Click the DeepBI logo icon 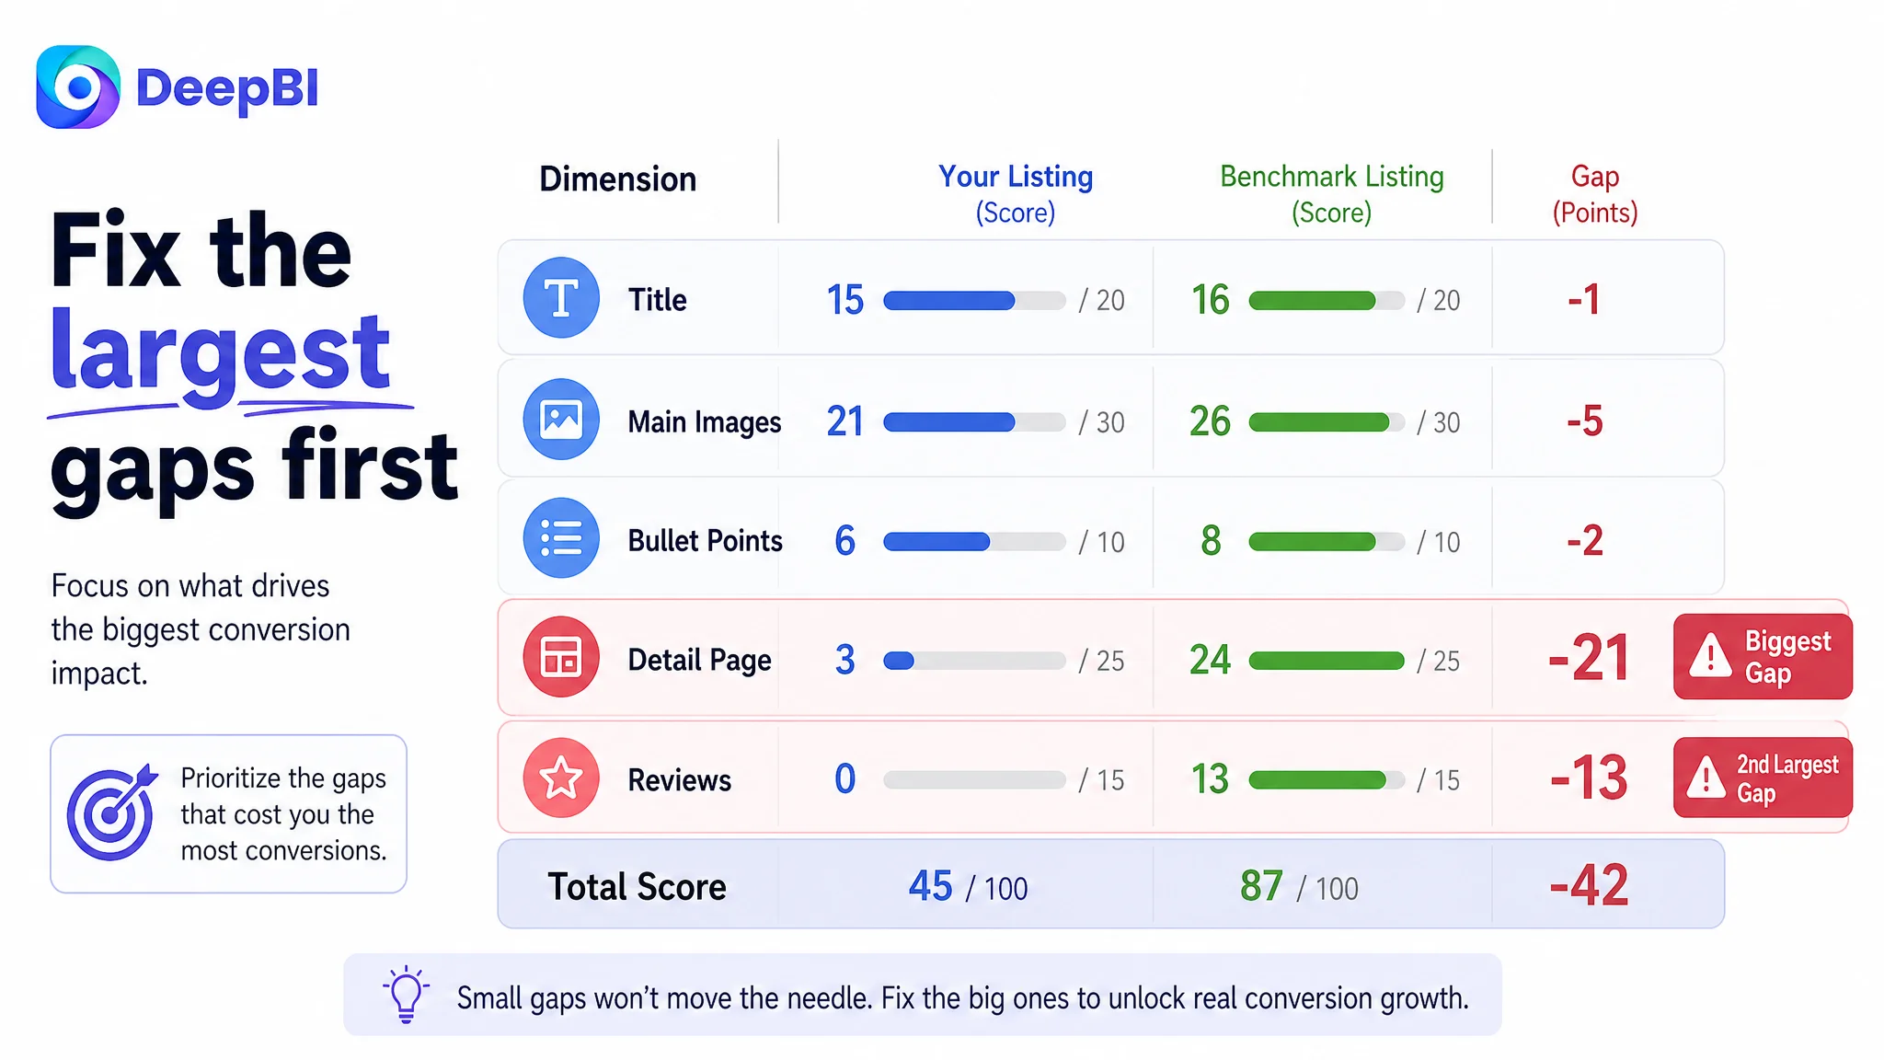78,87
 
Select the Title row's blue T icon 561,298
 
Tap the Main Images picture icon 561,420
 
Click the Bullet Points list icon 561,538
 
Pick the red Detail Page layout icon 561,657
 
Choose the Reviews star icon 561,778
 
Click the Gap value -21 1589,658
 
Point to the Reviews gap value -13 1589,778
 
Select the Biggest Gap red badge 1763,657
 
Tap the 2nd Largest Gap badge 1763,778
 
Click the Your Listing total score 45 930,886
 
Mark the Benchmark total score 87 1261,886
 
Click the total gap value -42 1589,885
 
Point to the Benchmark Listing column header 1332,194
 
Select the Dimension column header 618,179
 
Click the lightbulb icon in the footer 406,994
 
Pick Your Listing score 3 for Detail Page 844,660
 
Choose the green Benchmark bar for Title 1312,301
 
